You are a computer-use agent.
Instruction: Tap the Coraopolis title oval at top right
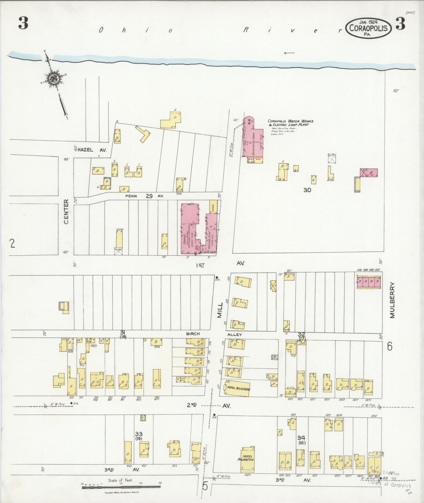369,28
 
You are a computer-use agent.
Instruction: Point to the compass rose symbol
54,78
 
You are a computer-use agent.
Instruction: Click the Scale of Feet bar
121,487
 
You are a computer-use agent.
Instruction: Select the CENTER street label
66,212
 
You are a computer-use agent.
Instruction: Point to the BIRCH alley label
192,334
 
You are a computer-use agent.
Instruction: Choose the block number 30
307,190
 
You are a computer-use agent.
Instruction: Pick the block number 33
138,433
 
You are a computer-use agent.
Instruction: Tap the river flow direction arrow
289,53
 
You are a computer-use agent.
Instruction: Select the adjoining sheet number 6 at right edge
389,347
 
